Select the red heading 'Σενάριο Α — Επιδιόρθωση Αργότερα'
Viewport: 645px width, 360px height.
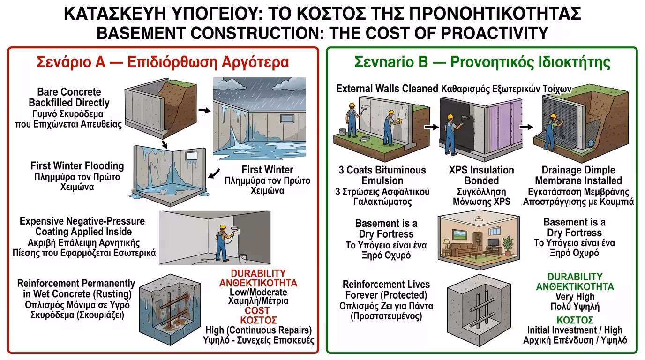[x=163, y=62]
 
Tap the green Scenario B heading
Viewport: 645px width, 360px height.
[x=482, y=62]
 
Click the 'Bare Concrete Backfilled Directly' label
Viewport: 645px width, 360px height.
[x=69, y=97]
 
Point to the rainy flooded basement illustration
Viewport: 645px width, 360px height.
[x=259, y=116]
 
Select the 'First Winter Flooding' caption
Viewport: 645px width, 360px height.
[x=77, y=165]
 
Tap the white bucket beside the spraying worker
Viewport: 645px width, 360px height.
[x=242, y=258]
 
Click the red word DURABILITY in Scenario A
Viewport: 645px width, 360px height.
[x=258, y=273]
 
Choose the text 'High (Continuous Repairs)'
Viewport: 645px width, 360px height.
[x=259, y=330]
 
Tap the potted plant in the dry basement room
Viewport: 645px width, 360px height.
[x=507, y=244]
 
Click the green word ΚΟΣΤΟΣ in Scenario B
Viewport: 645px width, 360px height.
[x=575, y=320]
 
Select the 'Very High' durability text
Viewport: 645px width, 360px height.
[x=575, y=297]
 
